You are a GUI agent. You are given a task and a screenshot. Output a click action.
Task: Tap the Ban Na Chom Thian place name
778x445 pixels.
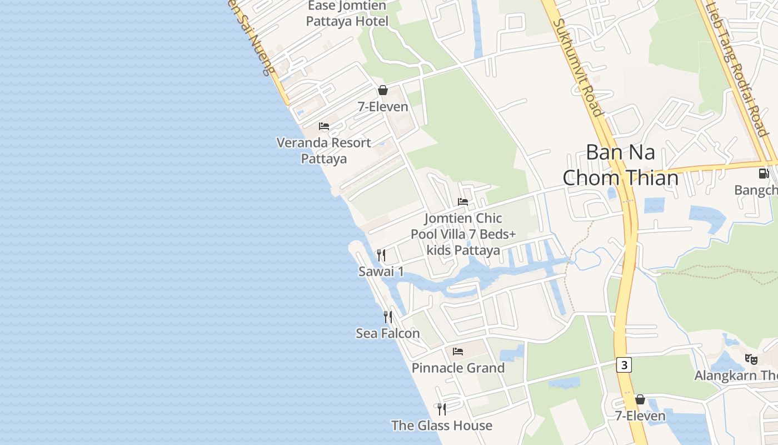(620, 165)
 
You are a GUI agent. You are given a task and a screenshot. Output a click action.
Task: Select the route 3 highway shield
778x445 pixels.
(624, 365)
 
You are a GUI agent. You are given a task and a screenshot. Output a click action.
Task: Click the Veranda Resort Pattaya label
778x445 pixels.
(324, 151)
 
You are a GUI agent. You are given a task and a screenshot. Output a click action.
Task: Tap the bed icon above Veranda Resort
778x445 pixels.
(324, 126)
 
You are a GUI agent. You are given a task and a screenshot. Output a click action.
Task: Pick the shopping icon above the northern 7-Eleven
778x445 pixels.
(383, 90)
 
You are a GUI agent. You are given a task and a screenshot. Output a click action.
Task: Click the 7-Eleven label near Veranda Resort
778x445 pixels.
(383, 107)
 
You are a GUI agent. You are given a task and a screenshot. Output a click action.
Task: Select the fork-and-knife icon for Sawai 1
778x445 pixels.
(381, 255)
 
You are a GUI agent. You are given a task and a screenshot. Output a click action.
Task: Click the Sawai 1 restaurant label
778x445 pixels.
(381, 271)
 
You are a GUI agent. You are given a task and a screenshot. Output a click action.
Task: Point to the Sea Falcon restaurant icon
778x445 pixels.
(388, 317)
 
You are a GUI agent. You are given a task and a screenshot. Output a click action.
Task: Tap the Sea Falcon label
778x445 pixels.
(388, 333)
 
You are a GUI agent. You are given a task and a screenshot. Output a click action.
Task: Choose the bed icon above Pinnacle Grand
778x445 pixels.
(458, 351)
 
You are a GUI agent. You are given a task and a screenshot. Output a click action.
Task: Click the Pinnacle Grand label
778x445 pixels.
(458, 368)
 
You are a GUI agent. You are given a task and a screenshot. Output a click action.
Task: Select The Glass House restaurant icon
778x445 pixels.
(442, 409)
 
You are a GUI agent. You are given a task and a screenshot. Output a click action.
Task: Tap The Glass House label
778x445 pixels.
(442, 426)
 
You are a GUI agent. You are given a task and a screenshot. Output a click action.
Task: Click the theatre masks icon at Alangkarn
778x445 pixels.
(751, 359)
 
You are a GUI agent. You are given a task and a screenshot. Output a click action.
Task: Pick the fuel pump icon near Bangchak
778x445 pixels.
(764, 173)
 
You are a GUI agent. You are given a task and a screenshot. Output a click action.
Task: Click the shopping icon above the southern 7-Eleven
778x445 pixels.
(640, 399)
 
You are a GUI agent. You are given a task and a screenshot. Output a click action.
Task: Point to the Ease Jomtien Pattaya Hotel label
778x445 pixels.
(347, 14)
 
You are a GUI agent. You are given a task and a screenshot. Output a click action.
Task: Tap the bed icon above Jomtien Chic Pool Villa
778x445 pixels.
(463, 201)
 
